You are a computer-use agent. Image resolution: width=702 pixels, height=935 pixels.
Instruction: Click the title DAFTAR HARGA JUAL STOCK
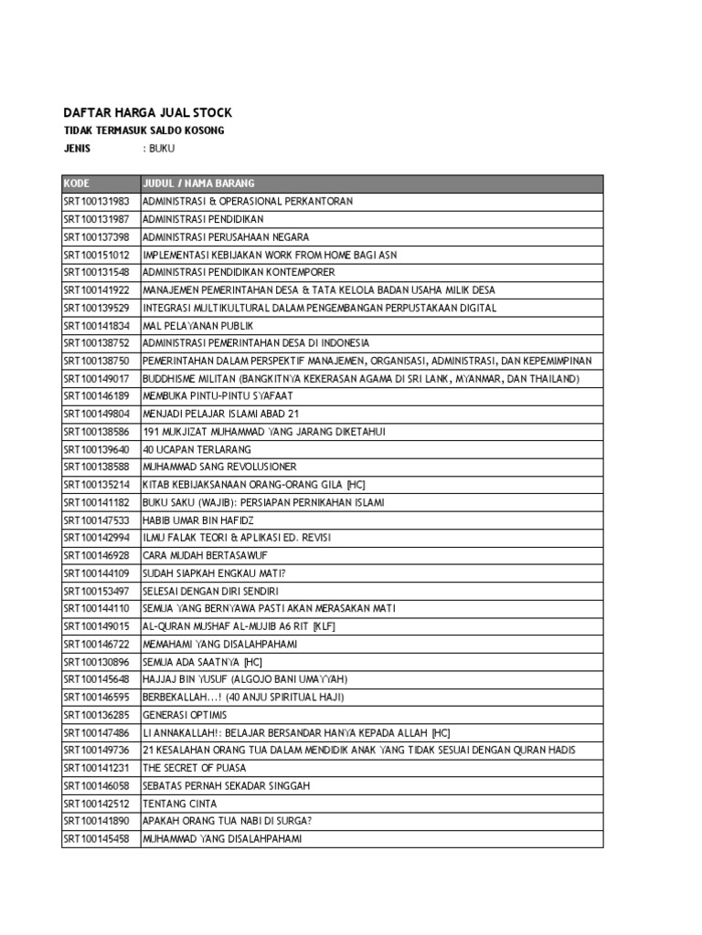point(147,112)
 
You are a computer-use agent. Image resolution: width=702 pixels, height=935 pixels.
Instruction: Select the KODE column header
point(77,183)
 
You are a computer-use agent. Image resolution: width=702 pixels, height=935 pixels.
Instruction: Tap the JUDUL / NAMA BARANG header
point(198,183)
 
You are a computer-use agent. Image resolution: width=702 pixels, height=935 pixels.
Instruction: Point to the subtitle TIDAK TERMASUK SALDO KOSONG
point(144,131)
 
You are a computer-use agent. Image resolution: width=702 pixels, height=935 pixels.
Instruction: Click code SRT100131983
point(96,201)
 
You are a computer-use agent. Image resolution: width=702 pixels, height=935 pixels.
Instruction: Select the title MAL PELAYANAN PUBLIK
point(198,325)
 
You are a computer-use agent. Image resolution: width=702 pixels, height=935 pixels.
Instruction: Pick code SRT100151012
point(96,255)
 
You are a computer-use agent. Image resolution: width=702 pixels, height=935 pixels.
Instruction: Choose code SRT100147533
point(96,520)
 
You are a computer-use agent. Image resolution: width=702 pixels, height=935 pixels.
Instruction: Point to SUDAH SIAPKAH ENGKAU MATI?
point(215,573)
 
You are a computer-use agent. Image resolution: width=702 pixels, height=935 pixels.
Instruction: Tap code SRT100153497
point(96,591)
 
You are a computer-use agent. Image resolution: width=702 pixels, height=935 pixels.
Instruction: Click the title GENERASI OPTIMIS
point(185,715)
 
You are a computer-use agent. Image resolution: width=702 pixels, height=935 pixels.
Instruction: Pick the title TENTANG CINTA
point(180,804)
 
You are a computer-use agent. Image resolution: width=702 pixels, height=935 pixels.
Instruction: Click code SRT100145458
point(96,839)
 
